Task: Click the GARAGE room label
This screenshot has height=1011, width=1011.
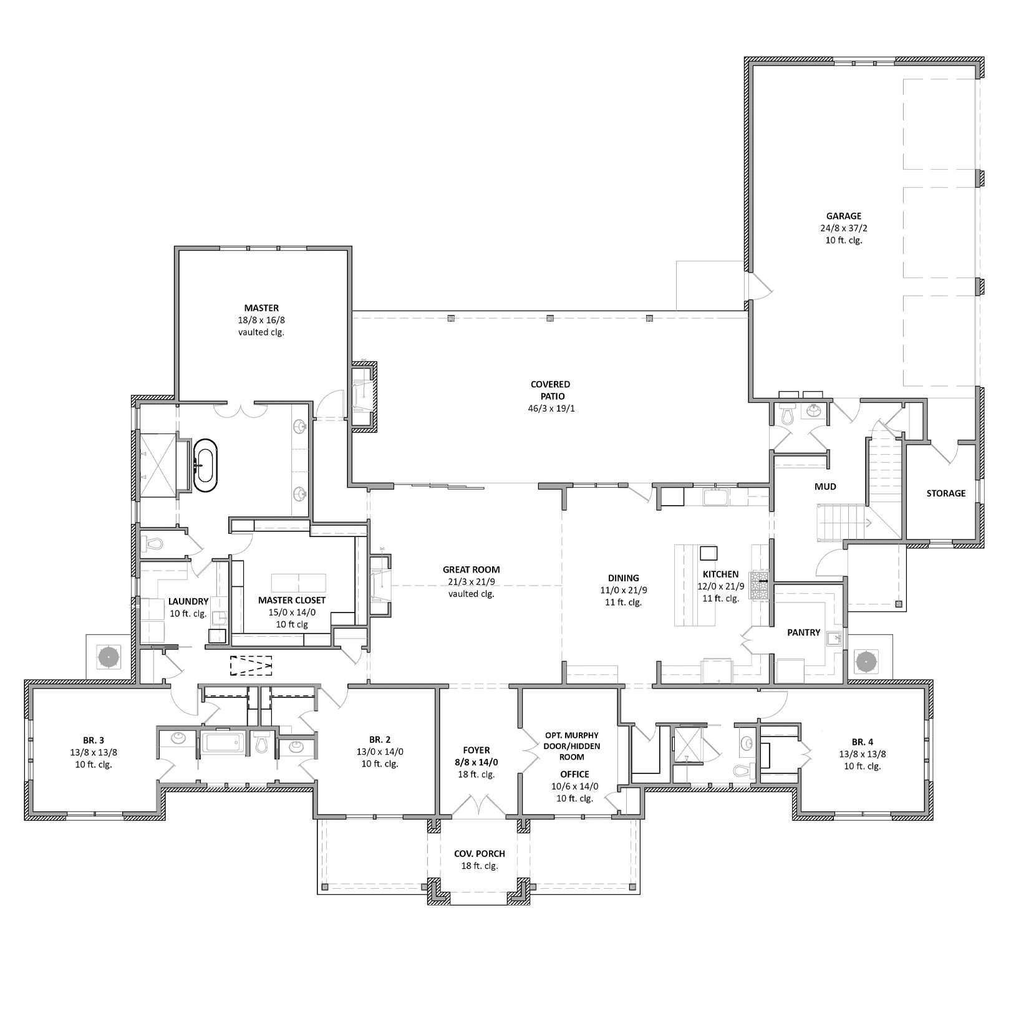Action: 844,216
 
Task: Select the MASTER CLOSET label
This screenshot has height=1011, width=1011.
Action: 292,601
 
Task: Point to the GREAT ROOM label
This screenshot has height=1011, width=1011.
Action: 471,569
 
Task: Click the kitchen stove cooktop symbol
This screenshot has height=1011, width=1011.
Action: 761,586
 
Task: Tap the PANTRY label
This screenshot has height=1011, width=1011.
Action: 803,632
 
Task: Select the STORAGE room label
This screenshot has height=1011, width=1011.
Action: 946,493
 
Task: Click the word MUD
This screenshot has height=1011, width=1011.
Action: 825,486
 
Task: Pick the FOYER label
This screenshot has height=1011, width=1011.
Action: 476,750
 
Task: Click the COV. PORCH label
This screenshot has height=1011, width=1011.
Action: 480,854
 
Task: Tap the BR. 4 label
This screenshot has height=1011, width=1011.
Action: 863,742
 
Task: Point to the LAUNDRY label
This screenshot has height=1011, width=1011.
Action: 188,602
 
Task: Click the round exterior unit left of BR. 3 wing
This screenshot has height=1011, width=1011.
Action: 109,657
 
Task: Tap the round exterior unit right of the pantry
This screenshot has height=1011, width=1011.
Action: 866,660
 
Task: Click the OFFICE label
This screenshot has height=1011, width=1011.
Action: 574,775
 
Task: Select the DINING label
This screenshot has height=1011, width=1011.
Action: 624,578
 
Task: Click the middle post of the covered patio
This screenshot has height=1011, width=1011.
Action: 550,318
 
